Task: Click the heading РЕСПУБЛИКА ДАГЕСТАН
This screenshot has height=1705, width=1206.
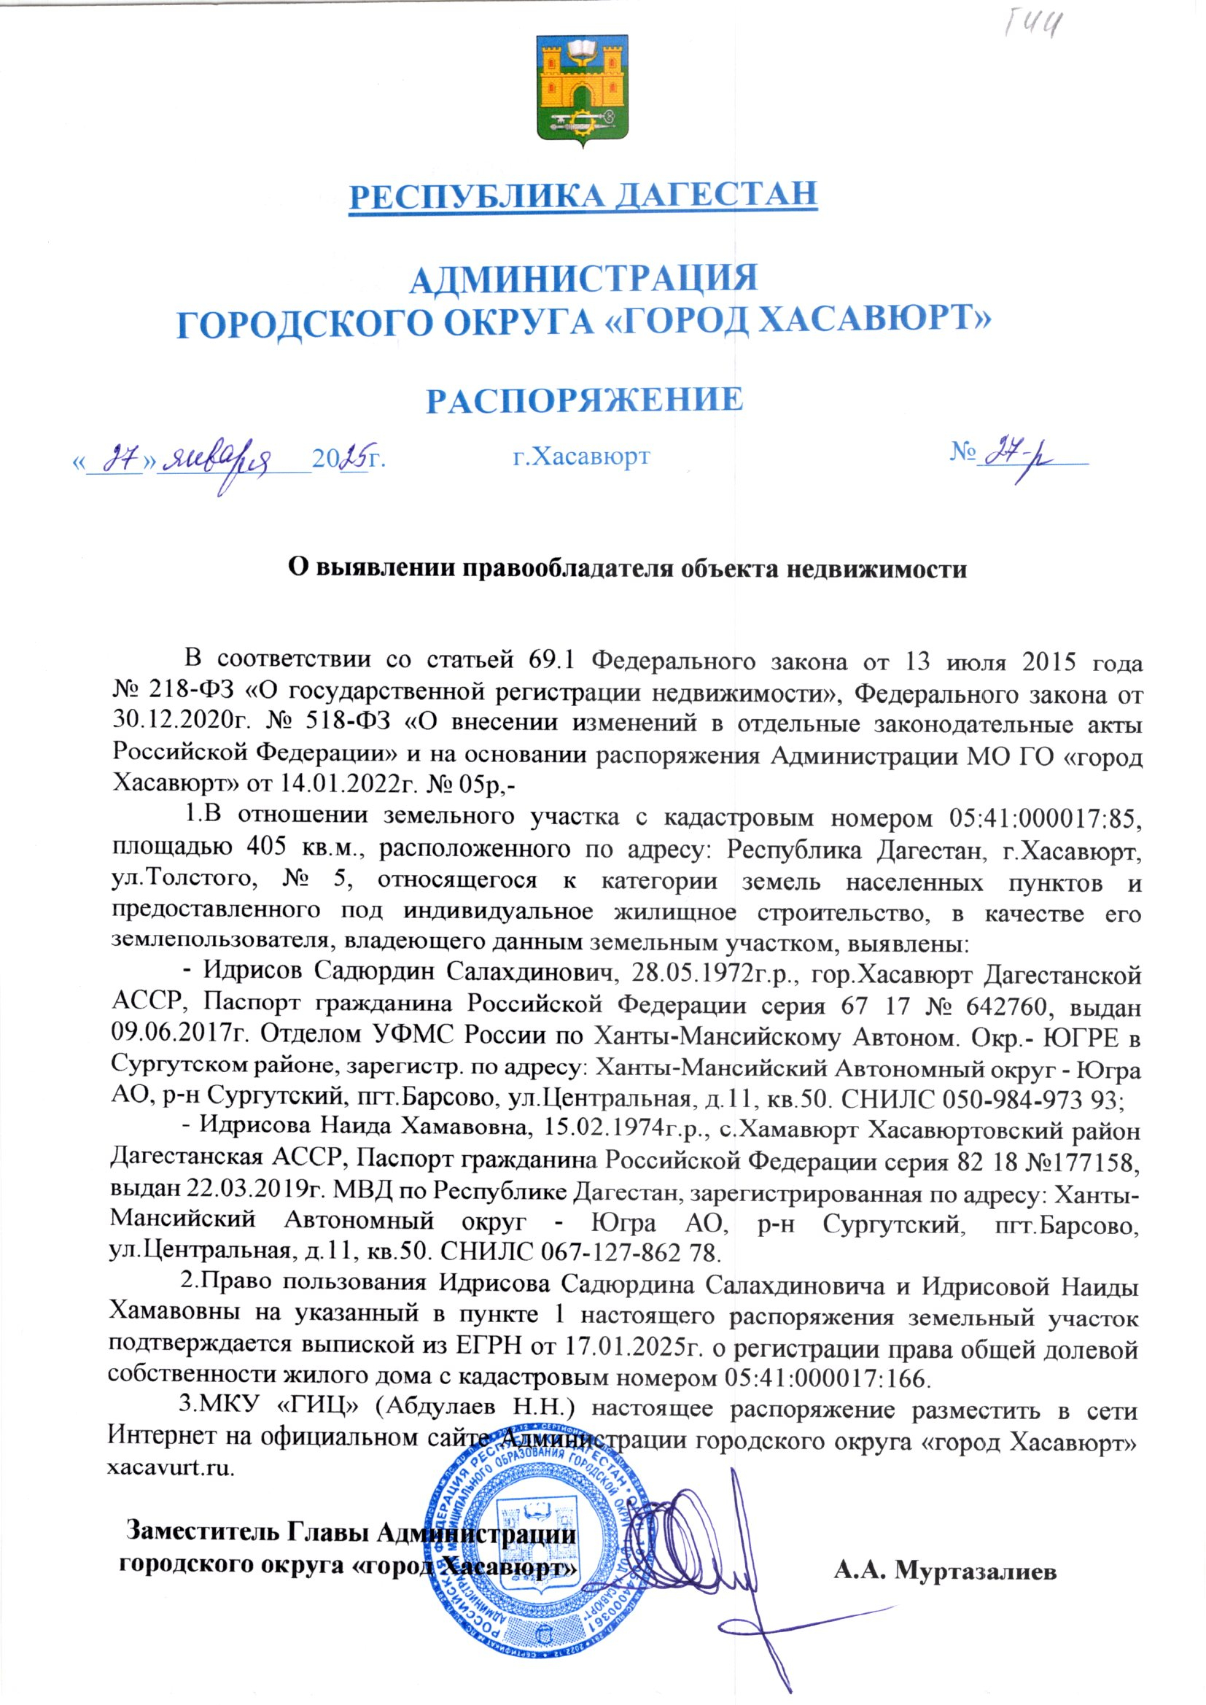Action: tap(583, 194)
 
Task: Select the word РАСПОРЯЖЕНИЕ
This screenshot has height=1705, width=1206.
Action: tap(584, 400)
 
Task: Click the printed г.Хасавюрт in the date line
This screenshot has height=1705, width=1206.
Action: tap(580, 456)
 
